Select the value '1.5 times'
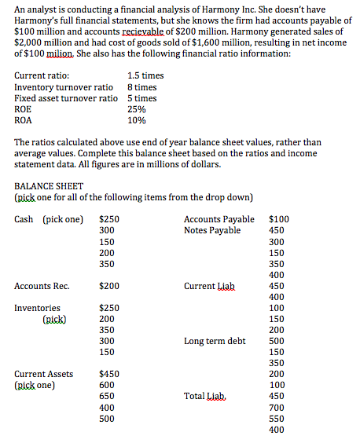(x=145, y=76)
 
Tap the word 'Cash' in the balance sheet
(x=24, y=219)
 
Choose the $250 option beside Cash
(x=109, y=219)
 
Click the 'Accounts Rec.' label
(x=42, y=286)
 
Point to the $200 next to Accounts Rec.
(x=109, y=286)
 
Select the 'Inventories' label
(x=37, y=308)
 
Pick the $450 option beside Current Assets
(x=109, y=375)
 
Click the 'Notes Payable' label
(x=211, y=230)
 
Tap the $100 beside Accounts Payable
(x=279, y=219)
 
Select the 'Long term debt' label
(x=215, y=341)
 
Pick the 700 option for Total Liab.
(x=277, y=408)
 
